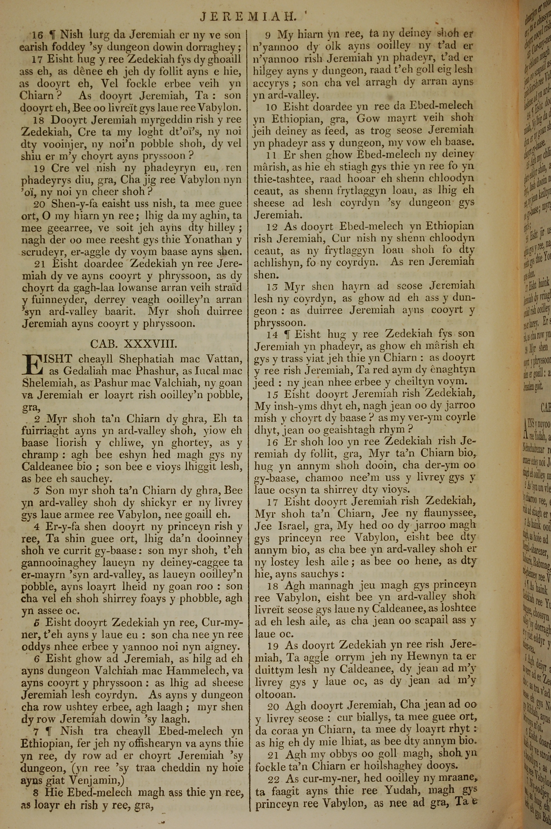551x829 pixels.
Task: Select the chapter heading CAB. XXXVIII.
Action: tap(131, 343)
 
